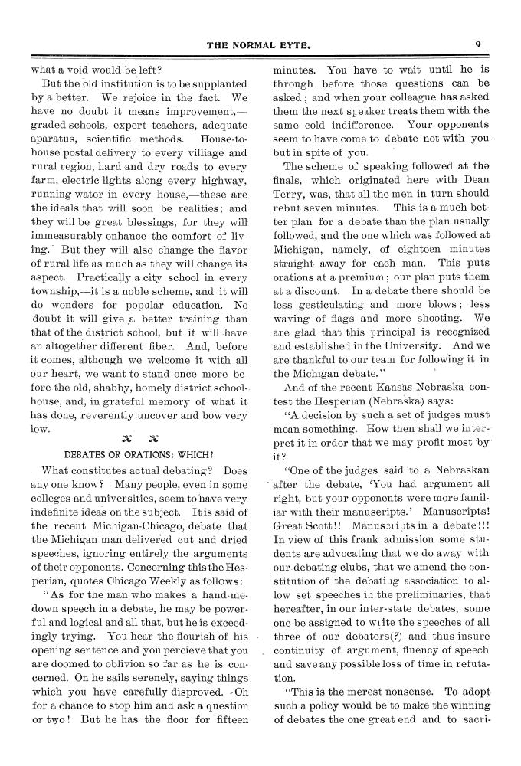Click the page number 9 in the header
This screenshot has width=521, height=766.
coord(477,44)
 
